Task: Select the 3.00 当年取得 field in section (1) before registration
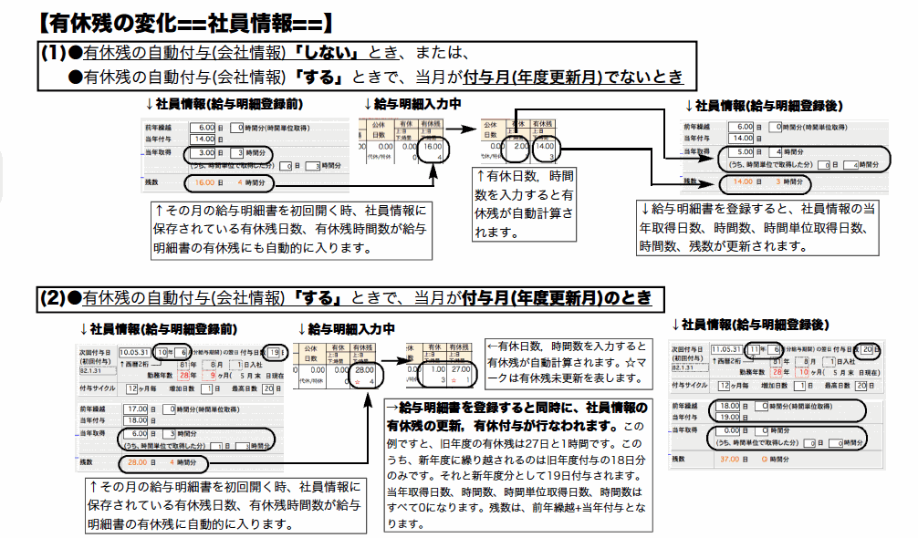click(203, 153)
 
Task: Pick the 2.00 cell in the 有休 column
click(518, 145)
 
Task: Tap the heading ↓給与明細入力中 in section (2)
click(347, 328)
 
